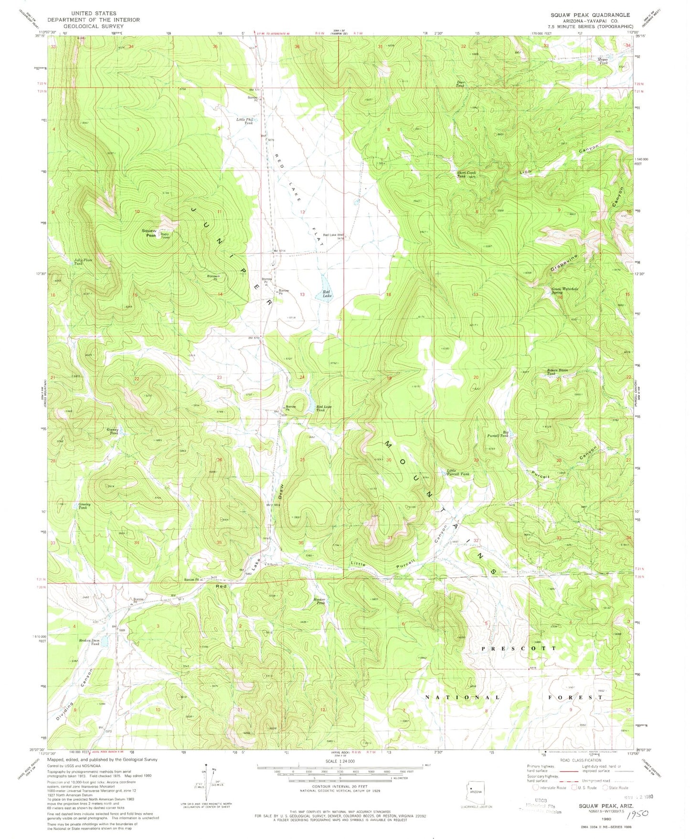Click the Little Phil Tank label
(x=245, y=121)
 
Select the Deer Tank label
(x=460, y=84)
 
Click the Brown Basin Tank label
(x=556, y=372)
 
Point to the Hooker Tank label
(x=319, y=601)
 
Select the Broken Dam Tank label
(x=89, y=642)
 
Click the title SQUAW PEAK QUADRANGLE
(x=590, y=15)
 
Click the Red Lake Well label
(x=334, y=235)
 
